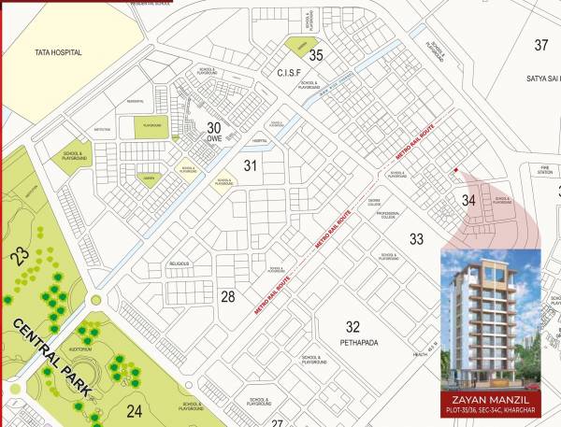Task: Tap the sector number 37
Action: click(x=541, y=45)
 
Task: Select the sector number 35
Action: click(x=316, y=55)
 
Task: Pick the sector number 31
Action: click(x=250, y=165)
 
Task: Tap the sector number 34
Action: click(x=468, y=199)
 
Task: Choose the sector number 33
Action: click(x=416, y=239)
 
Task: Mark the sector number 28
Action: click(x=227, y=297)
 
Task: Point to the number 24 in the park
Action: click(x=135, y=409)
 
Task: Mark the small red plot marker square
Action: click(x=454, y=170)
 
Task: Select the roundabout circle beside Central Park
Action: click(x=93, y=301)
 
